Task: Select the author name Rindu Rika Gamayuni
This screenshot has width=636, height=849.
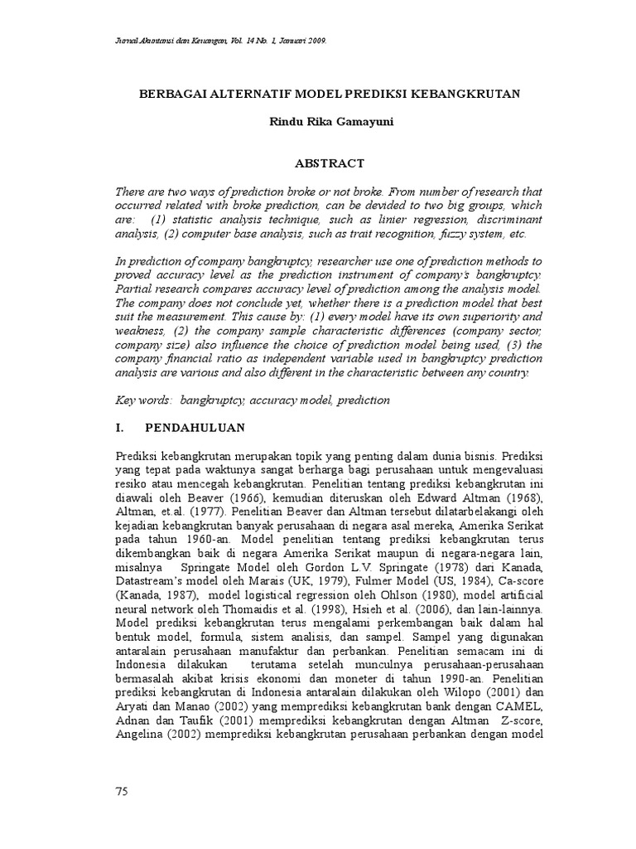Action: [x=329, y=123]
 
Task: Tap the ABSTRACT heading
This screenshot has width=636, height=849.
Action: [x=329, y=164]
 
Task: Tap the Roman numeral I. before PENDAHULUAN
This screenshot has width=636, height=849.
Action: [x=121, y=428]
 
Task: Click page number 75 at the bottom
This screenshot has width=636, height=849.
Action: [x=122, y=792]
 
